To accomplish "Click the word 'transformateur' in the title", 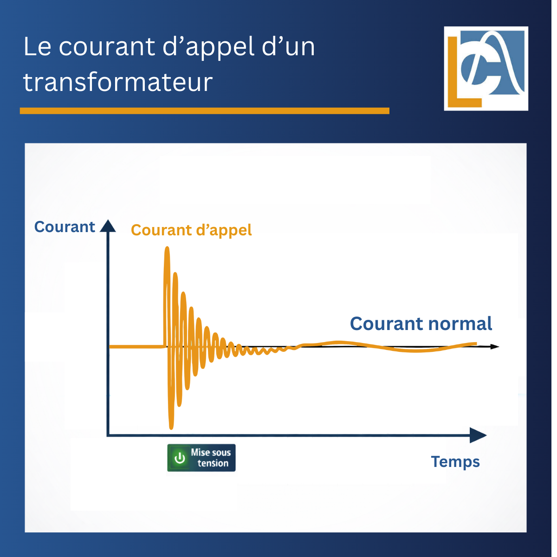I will [x=118, y=82].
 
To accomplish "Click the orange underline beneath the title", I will [x=204, y=110].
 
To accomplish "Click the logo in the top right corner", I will [x=486, y=68].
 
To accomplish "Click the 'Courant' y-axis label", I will [x=65, y=227].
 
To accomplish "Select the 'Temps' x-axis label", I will [x=455, y=462].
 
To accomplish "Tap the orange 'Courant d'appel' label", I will [x=191, y=230].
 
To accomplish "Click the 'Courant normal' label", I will [x=421, y=324].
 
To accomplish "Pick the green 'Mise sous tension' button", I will [x=201, y=458].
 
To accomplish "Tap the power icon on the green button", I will [x=180, y=458].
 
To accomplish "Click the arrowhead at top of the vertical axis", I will [x=108, y=226].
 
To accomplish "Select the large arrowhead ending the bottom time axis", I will [x=478, y=435].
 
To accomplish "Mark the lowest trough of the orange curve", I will [x=171, y=426].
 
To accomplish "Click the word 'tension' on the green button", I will [x=213, y=463].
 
